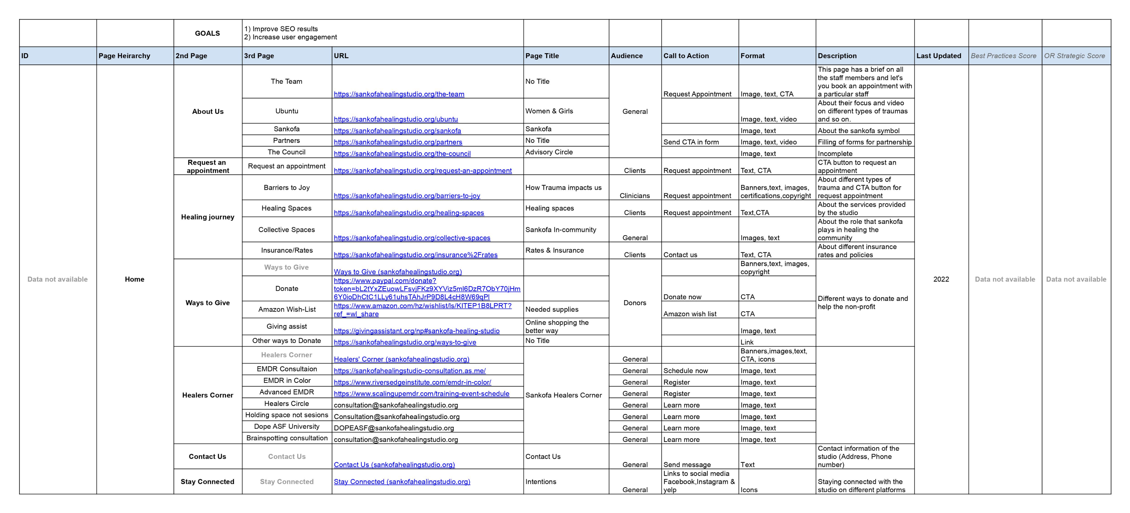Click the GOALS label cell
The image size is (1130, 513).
click(208, 33)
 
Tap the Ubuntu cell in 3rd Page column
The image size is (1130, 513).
click(286, 111)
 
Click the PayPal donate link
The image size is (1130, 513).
click(427, 289)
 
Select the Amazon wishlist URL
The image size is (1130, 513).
click(422, 310)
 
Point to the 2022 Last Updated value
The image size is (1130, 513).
click(941, 279)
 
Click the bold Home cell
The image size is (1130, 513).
click(134, 279)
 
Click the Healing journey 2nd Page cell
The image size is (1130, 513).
click(208, 217)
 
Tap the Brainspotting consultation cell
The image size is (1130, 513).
click(286, 438)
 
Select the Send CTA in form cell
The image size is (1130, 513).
click(691, 142)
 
